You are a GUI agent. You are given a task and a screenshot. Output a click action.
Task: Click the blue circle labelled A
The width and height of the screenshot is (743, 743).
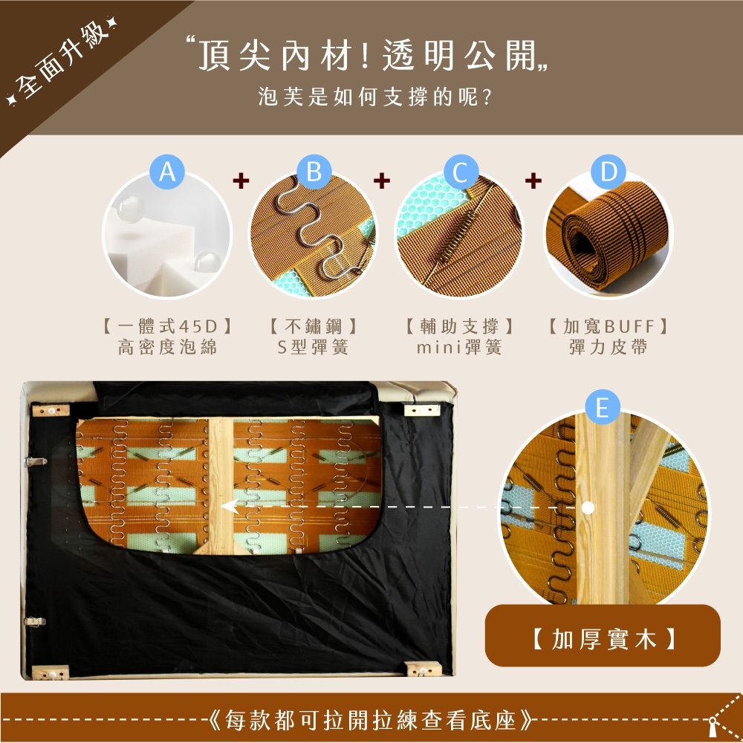(x=167, y=172)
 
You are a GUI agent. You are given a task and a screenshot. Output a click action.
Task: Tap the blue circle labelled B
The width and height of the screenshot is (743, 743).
(x=314, y=172)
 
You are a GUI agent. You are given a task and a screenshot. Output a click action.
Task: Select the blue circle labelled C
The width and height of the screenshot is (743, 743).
(x=461, y=172)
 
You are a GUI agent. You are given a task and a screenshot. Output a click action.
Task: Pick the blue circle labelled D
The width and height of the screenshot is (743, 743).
(x=609, y=172)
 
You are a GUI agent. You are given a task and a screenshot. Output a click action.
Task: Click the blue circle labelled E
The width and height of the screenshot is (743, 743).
(x=603, y=407)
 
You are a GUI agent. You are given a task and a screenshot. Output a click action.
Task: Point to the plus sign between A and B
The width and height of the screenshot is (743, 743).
(x=241, y=181)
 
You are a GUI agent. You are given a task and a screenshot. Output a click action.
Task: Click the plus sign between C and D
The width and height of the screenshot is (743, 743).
(x=533, y=181)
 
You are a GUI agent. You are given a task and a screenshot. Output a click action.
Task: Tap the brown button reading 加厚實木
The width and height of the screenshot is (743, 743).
(x=603, y=635)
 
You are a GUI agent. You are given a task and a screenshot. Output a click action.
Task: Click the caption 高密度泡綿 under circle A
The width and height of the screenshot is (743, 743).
(x=168, y=347)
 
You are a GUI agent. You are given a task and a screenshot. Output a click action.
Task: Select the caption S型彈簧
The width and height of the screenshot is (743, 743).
(x=313, y=347)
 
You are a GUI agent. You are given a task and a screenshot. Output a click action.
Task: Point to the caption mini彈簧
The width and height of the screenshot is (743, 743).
(x=459, y=347)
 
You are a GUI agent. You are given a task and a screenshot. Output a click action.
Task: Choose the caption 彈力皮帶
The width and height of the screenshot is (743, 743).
(x=609, y=347)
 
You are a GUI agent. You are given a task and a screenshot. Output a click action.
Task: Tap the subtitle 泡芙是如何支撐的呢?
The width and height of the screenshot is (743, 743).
(x=374, y=97)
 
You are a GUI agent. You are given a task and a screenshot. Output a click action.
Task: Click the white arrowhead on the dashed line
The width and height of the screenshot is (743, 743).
(x=230, y=507)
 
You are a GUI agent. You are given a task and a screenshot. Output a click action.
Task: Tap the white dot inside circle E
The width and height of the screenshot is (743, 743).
(x=588, y=507)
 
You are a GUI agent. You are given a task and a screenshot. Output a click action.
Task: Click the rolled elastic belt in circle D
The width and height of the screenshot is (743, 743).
(x=608, y=236)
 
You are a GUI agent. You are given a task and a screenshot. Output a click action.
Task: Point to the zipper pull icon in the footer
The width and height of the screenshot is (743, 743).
(x=713, y=725)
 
